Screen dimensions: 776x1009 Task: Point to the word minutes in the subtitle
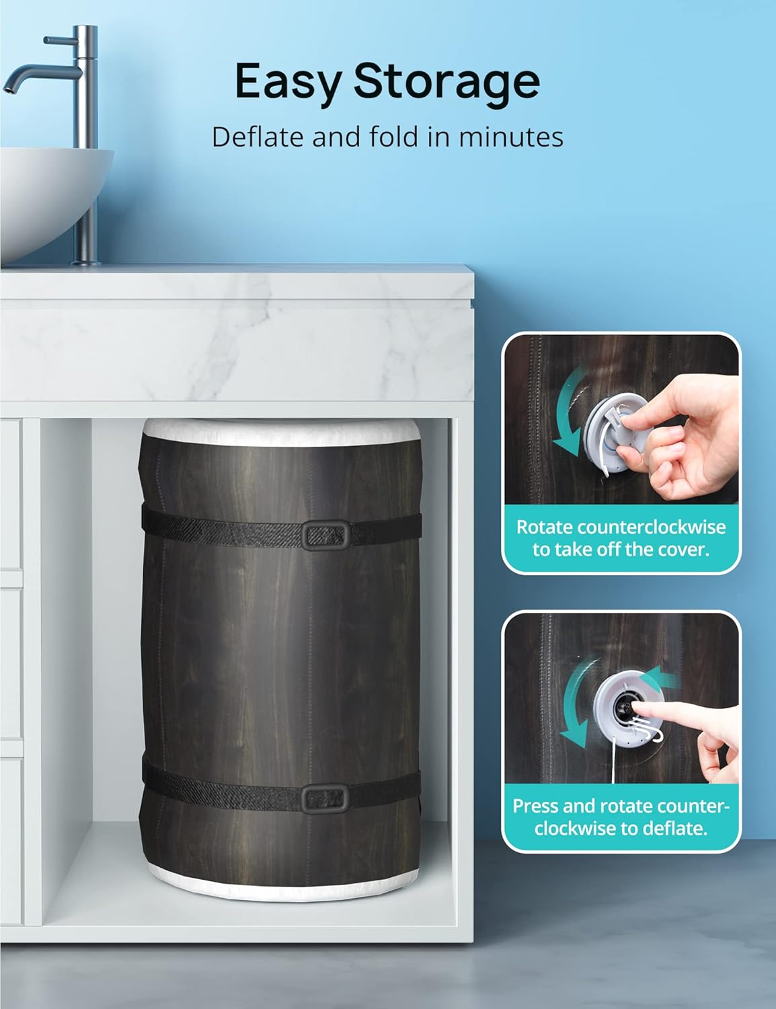click(511, 137)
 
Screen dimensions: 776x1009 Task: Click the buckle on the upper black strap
click(325, 536)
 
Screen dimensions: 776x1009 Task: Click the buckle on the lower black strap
click(325, 798)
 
